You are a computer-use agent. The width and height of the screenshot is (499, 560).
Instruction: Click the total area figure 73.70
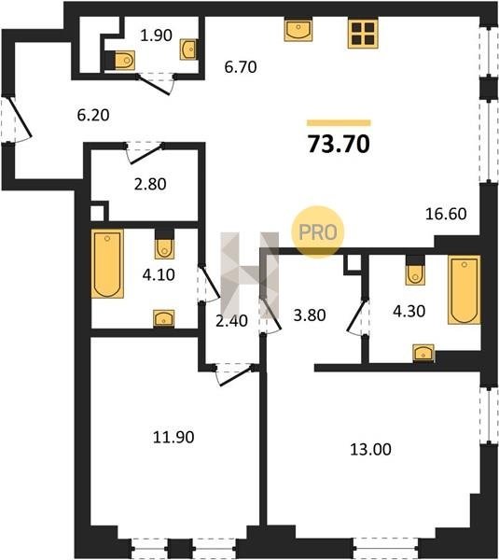[339, 145]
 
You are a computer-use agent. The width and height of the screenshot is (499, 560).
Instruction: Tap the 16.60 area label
[446, 214]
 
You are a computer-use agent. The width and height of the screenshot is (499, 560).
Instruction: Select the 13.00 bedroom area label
[370, 449]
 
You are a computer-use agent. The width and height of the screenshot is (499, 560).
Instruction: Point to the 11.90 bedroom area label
[173, 437]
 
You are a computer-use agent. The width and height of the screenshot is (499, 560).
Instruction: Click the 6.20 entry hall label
[93, 115]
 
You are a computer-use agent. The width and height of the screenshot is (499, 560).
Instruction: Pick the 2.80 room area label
[150, 184]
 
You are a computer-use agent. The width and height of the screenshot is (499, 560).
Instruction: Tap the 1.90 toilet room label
[156, 35]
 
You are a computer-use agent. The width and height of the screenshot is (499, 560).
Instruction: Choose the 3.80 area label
[310, 315]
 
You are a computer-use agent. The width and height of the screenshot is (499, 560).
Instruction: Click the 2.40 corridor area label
[231, 321]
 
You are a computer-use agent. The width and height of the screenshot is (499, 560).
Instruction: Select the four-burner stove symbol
[363, 34]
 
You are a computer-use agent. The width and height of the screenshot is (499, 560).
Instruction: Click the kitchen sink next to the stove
[298, 30]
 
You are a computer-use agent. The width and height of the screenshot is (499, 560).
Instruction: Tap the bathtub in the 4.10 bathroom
[107, 263]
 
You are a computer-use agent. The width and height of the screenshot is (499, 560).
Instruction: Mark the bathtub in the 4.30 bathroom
[464, 290]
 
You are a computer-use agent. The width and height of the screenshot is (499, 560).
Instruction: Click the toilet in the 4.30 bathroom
[415, 274]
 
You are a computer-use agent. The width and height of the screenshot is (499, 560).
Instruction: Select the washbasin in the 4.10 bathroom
[164, 318]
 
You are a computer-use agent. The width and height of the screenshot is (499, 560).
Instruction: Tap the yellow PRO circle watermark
[318, 232]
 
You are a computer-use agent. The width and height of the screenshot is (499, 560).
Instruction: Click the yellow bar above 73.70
[339, 123]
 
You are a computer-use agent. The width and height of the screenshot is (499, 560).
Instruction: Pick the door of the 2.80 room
[145, 153]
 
